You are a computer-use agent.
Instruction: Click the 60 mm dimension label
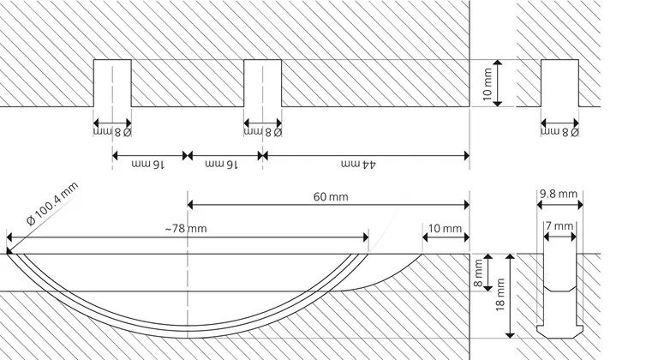pyautogui.click(x=331, y=196)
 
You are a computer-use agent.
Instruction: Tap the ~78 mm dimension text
pyautogui.click(x=186, y=229)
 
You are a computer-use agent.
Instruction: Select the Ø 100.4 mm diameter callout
pyautogui.click(x=52, y=204)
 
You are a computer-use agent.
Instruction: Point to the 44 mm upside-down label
pyautogui.click(x=358, y=165)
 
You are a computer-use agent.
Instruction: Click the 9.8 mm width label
pyautogui.click(x=559, y=194)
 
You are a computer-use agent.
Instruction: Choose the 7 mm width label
pyautogui.click(x=559, y=226)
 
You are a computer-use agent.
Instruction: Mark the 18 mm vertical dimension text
pyautogui.click(x=499, y=295)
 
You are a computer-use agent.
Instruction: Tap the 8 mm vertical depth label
pyautogui.click(x=478, y=273)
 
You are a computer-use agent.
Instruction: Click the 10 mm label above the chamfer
pyautogui.click(x=445, y=229)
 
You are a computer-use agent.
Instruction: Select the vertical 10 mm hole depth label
pyautogui.click(x=488, y=85)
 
